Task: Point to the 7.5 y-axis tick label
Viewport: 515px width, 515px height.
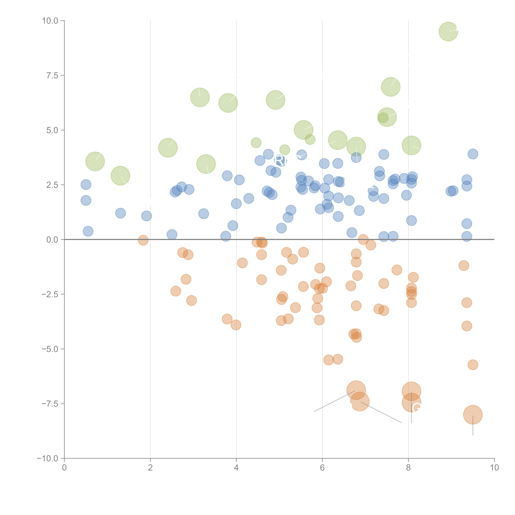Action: (x=52, y=75)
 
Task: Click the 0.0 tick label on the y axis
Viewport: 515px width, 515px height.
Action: (x=52, y=240)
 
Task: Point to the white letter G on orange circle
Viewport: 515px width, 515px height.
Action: (x=416, y=408)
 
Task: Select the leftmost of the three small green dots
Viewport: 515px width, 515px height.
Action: (x=256, y=143)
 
